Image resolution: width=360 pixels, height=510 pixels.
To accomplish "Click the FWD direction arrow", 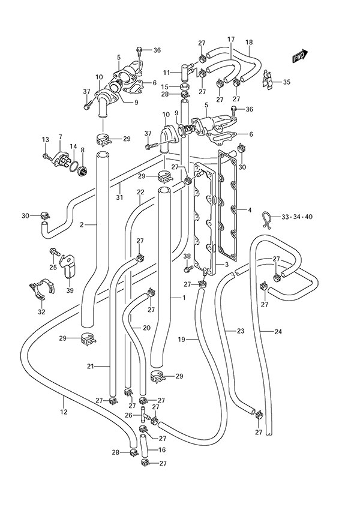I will tap(299, 56).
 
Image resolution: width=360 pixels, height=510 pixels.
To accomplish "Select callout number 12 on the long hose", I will tap(64, 412).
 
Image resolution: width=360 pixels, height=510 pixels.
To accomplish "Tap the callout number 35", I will tap(286, 82).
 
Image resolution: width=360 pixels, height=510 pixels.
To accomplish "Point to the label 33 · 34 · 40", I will tap(296, 216).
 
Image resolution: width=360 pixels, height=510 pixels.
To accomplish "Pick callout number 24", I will tap(278, 331).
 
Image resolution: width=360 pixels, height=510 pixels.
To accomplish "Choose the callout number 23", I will tap(240, 331).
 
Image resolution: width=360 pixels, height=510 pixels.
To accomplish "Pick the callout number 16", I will tap(161, 449).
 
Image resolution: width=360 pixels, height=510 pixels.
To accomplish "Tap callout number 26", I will tap(129, 415).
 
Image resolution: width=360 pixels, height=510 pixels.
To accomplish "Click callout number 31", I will tap(119, 198).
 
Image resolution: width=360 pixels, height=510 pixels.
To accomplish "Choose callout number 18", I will tap(249, 42).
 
